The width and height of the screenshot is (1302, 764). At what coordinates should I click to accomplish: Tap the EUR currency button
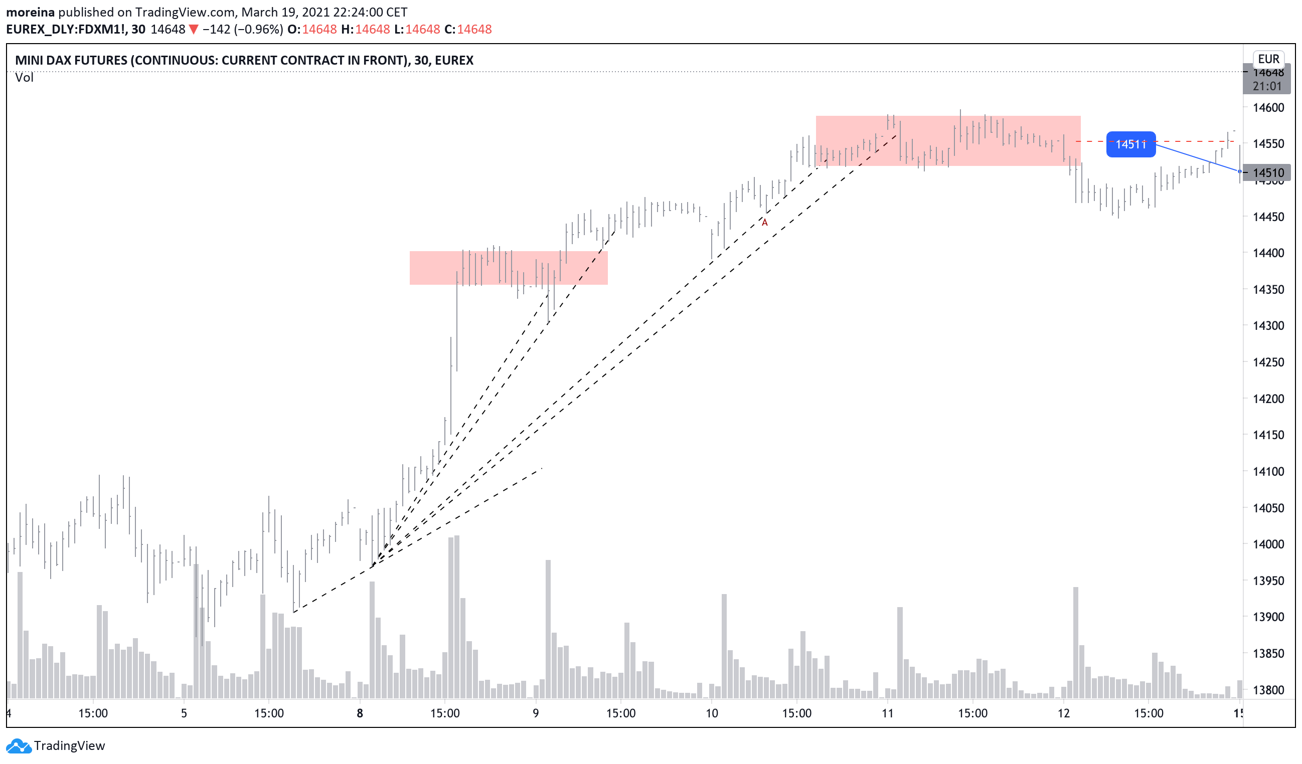pos(1268,59)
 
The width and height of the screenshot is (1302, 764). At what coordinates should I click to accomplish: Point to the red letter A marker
pos(765,223)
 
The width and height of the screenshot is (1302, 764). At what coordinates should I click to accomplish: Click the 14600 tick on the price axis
pos(1268,107)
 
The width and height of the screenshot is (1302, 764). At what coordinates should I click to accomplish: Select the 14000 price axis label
pos(1268,544)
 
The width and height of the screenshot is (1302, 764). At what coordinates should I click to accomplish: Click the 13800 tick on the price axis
pos(1268,690)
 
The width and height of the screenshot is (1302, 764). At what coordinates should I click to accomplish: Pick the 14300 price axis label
pos(1268,326)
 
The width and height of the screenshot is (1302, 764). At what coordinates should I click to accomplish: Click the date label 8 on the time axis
pos(360,713)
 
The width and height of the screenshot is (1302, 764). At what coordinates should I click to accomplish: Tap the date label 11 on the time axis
pos(887,713)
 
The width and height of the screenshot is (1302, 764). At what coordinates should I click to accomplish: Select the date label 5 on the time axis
pos(184,713)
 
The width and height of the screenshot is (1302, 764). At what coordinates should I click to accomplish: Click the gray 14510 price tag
pos(1268,172)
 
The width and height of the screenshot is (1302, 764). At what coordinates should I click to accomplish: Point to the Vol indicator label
pos(24,78)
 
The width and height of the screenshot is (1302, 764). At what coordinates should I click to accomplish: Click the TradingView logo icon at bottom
pos(19,746)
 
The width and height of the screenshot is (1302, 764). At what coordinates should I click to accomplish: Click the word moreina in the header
pos(30,12)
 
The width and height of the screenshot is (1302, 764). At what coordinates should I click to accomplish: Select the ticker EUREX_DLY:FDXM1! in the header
pos(67,30)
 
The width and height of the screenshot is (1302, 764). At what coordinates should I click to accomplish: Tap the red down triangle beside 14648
pos(193,30)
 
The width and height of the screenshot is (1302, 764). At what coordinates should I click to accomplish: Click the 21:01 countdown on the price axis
pos(1267,86)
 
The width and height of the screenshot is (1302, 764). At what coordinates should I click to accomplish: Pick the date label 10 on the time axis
pos(712,713)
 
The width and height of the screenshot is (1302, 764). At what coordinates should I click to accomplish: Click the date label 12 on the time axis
pos(1063,713)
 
